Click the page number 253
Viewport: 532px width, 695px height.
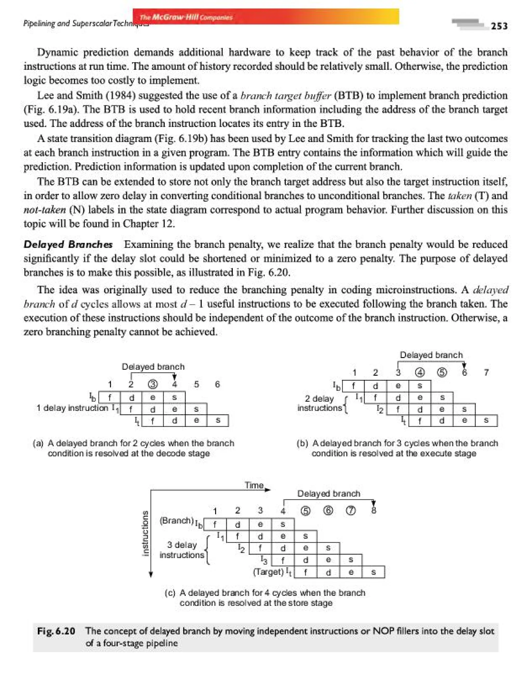[x=499, y=26]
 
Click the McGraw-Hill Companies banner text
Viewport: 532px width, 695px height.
[x=186, y=17]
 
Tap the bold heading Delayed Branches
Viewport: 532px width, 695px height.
[x=68, y=244]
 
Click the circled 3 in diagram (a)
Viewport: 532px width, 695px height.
[x=153, y=384]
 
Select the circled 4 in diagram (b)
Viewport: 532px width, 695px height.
[x=420, y=373]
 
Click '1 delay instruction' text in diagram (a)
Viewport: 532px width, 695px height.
[x=72, y=408]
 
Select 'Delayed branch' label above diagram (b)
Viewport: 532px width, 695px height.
[x=431, y=355]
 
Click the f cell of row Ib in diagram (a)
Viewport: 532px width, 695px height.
[x=110, y=397]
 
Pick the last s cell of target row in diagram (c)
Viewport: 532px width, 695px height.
[x=373, y=572]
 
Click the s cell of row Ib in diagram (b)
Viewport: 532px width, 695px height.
[x=420, y=386]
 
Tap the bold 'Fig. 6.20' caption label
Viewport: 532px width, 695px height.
[x=56, y=631]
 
